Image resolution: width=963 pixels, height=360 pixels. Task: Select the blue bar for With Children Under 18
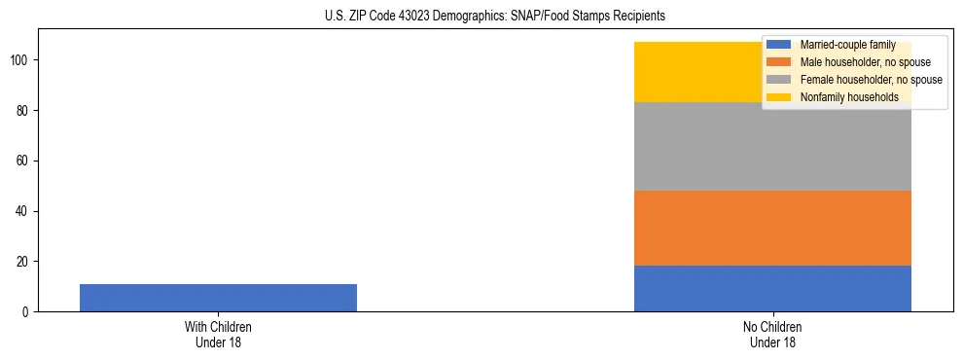pos(218,298)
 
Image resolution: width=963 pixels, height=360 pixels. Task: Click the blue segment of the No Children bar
pos(772,289)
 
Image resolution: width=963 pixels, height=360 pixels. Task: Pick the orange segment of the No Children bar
pos(772,229)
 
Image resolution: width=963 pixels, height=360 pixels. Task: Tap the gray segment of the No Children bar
pos(772,146)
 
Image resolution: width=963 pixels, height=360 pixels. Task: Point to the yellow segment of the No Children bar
pos(700,72)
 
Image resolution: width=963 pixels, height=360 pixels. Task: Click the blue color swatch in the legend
pos(779,45)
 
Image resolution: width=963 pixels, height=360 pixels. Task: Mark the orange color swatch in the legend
pos(779,62)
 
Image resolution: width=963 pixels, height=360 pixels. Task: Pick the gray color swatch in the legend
pos(779,80)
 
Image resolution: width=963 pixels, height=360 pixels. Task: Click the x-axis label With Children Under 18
pos(218,334)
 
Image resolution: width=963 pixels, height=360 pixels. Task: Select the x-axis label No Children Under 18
pos(772,334)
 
